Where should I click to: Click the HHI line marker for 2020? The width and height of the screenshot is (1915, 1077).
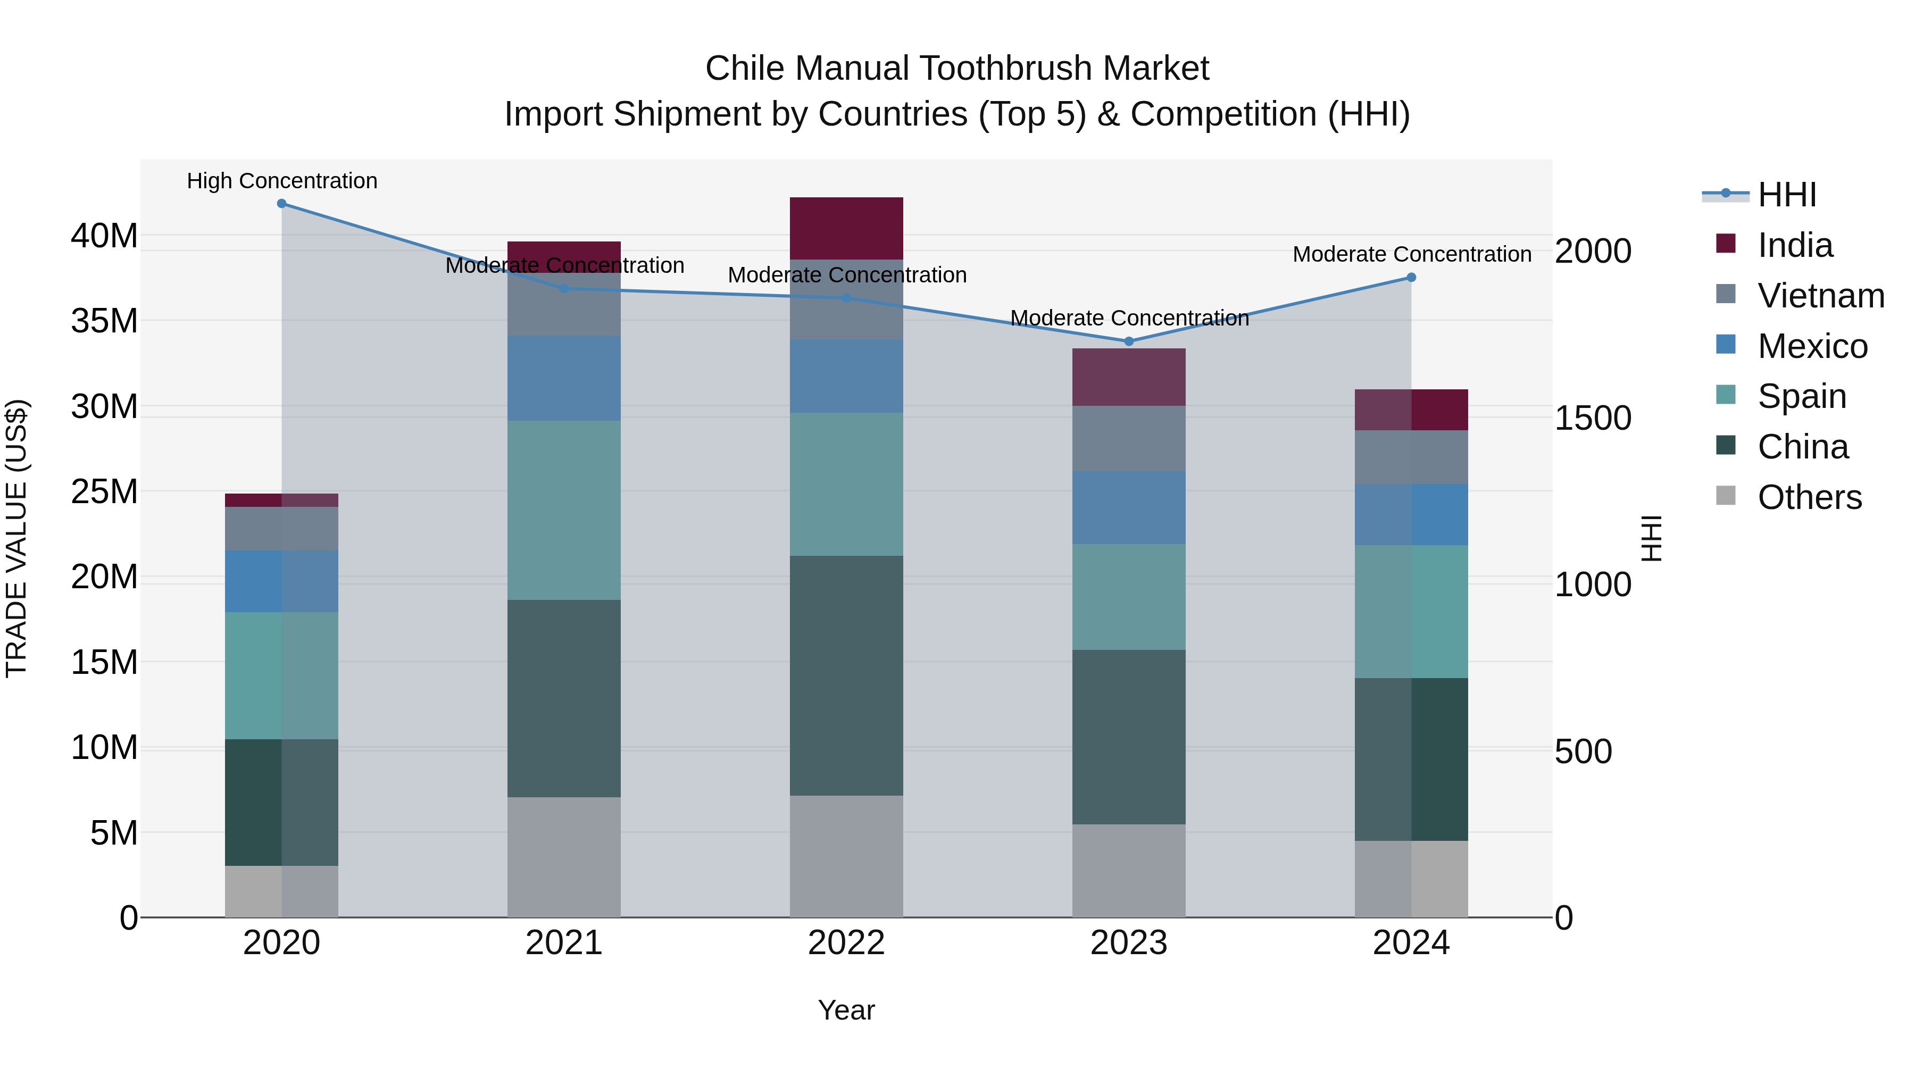coord(282,204)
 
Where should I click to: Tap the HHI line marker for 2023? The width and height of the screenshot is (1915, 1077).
coord(1128,341)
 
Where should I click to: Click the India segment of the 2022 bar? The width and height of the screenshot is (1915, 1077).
coord(846,228)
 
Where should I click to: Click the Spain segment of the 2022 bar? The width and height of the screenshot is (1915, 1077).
coord(846,484)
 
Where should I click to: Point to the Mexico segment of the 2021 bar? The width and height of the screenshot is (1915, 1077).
coord(563,378)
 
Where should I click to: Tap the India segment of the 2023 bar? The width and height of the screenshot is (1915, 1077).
coord(1128,377)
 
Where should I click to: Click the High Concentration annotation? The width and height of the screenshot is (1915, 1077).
coord(282,181)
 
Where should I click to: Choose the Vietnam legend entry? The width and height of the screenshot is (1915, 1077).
coord(1821,295)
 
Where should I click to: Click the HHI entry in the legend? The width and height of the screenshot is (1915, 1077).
coord(1786,195)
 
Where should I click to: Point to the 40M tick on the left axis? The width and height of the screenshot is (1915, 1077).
coord(104,236)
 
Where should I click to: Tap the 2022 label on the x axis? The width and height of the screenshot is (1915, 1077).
coord(846,943)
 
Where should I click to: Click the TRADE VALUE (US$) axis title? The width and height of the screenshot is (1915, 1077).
coord(16,538)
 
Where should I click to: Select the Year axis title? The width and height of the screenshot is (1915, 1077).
coord(846,1010)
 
